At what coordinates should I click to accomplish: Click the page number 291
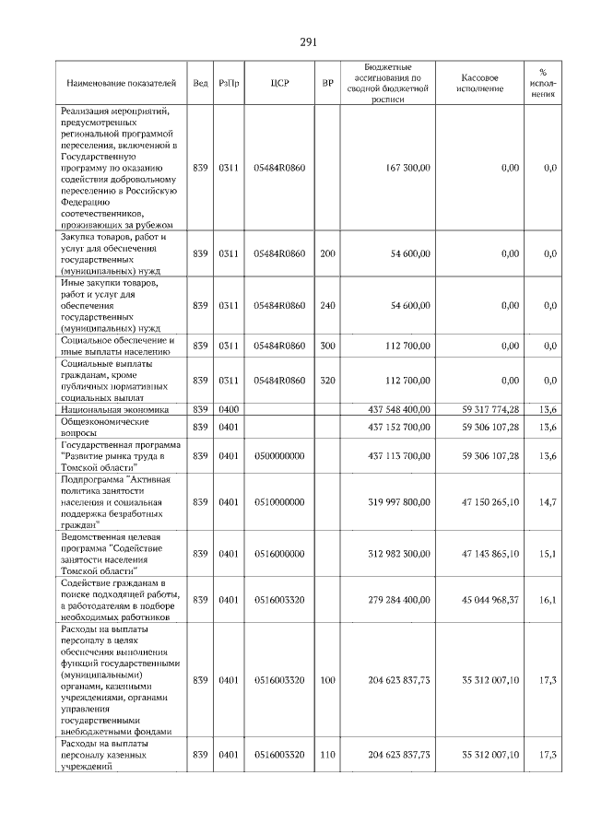[x=308, y=42]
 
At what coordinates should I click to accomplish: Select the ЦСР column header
[x=280, y=83]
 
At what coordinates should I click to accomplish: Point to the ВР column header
[x=327, y=83]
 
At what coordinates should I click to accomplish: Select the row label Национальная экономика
[x=114, y=408]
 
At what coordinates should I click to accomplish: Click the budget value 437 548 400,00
[x=398, y=408]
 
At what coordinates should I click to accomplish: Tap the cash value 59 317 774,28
[x=490, y=408]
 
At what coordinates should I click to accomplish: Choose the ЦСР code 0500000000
[x=279, y=455]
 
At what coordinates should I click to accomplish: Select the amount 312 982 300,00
[x=398, y=554]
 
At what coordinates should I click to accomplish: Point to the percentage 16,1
[x=548, y=600]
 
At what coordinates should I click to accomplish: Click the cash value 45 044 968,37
[x=490, y=600]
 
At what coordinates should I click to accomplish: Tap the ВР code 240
[x=327, y=305]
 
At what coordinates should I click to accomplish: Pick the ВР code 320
[x=327, y=380]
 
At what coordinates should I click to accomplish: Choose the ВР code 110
[x=327, y=755]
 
